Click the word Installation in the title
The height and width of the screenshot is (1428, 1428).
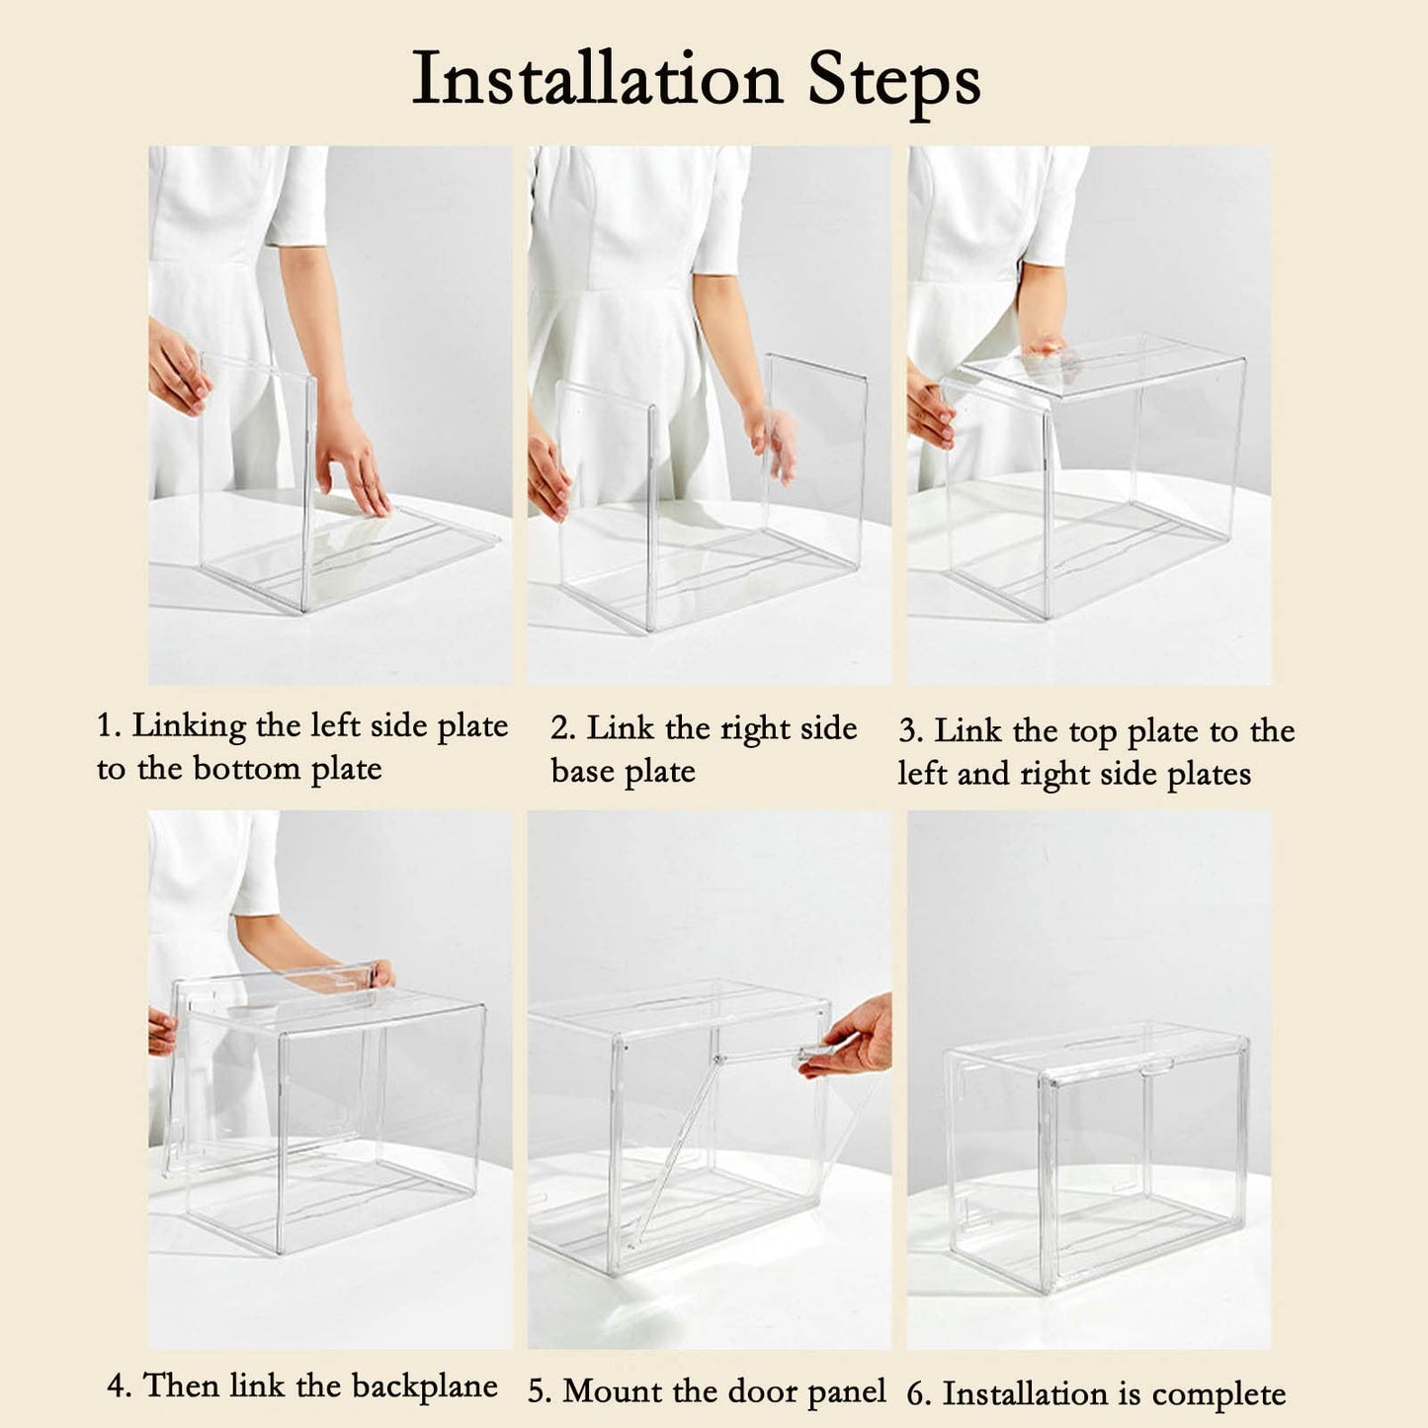point(597,78)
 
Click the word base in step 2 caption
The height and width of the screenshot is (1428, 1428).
point(583,771)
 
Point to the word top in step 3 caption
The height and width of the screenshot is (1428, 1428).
point(1093,732)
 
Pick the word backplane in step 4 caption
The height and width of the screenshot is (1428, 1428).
point(425,1386)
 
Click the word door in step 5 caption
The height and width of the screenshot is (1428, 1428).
point(706,1390)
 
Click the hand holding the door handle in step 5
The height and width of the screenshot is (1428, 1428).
point(849,1039)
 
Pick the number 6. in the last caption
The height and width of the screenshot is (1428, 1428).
point(919,1394)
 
